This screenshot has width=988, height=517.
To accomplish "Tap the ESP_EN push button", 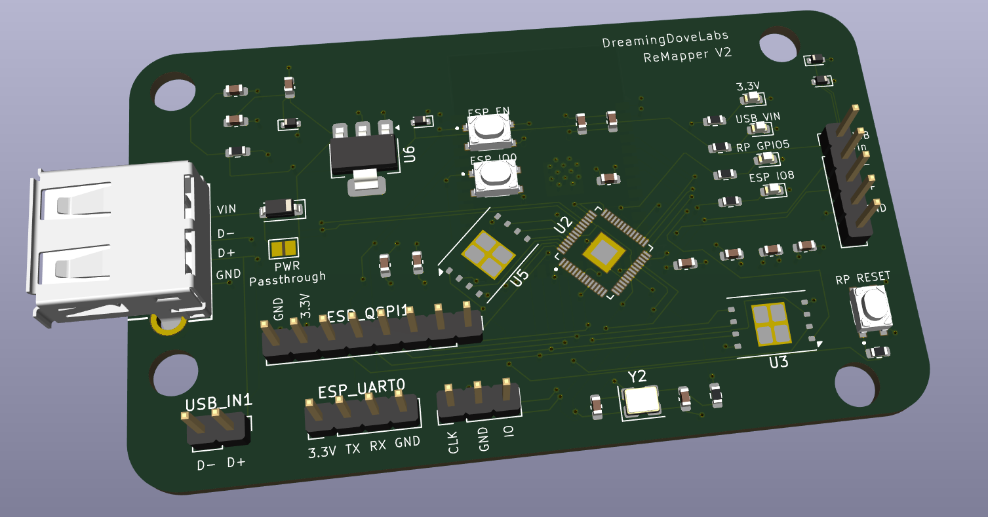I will tap(488, 130).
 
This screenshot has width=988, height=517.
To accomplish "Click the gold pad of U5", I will tap(488, 252).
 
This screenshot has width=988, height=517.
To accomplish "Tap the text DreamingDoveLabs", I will tap(664, 39).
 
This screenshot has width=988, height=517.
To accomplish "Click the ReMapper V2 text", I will tap(686, 55).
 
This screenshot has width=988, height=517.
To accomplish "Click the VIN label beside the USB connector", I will tap(227, 210).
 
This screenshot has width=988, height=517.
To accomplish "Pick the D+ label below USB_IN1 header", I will tap(236, 463).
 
